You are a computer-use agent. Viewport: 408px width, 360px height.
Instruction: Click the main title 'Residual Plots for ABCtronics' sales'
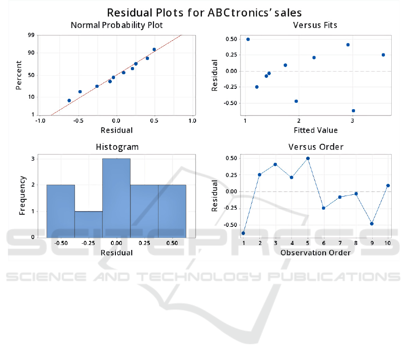coord(204,12)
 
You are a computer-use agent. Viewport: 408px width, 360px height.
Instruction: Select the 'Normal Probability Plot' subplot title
coord(116,25)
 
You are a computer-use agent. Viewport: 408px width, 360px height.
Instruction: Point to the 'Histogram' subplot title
coord(117,147)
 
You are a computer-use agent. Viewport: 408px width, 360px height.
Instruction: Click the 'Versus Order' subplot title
coord(316,147)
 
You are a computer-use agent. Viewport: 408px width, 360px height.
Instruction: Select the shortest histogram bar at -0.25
coord(89,224)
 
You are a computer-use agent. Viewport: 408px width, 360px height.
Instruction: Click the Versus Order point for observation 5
coord(308,158)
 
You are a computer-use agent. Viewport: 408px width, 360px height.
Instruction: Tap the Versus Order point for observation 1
coord(243,233)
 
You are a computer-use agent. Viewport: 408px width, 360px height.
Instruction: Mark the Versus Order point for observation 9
coord(372,224)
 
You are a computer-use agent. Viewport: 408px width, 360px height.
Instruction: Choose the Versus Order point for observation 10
coord(388,186)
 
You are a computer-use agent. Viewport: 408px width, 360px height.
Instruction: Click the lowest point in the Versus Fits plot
coord(353,110)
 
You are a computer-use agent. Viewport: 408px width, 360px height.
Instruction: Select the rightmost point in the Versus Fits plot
coord(383,55)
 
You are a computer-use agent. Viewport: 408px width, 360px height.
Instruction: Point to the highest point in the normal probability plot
coord(154,49)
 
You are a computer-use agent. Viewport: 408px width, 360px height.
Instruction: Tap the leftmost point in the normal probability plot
coord(69,101)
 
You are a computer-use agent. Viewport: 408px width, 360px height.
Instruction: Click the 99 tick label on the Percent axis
coord(31,35)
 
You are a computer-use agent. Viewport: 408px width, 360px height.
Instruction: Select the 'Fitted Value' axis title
coord(316,130)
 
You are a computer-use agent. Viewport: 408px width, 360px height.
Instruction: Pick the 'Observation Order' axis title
coord(316,253)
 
